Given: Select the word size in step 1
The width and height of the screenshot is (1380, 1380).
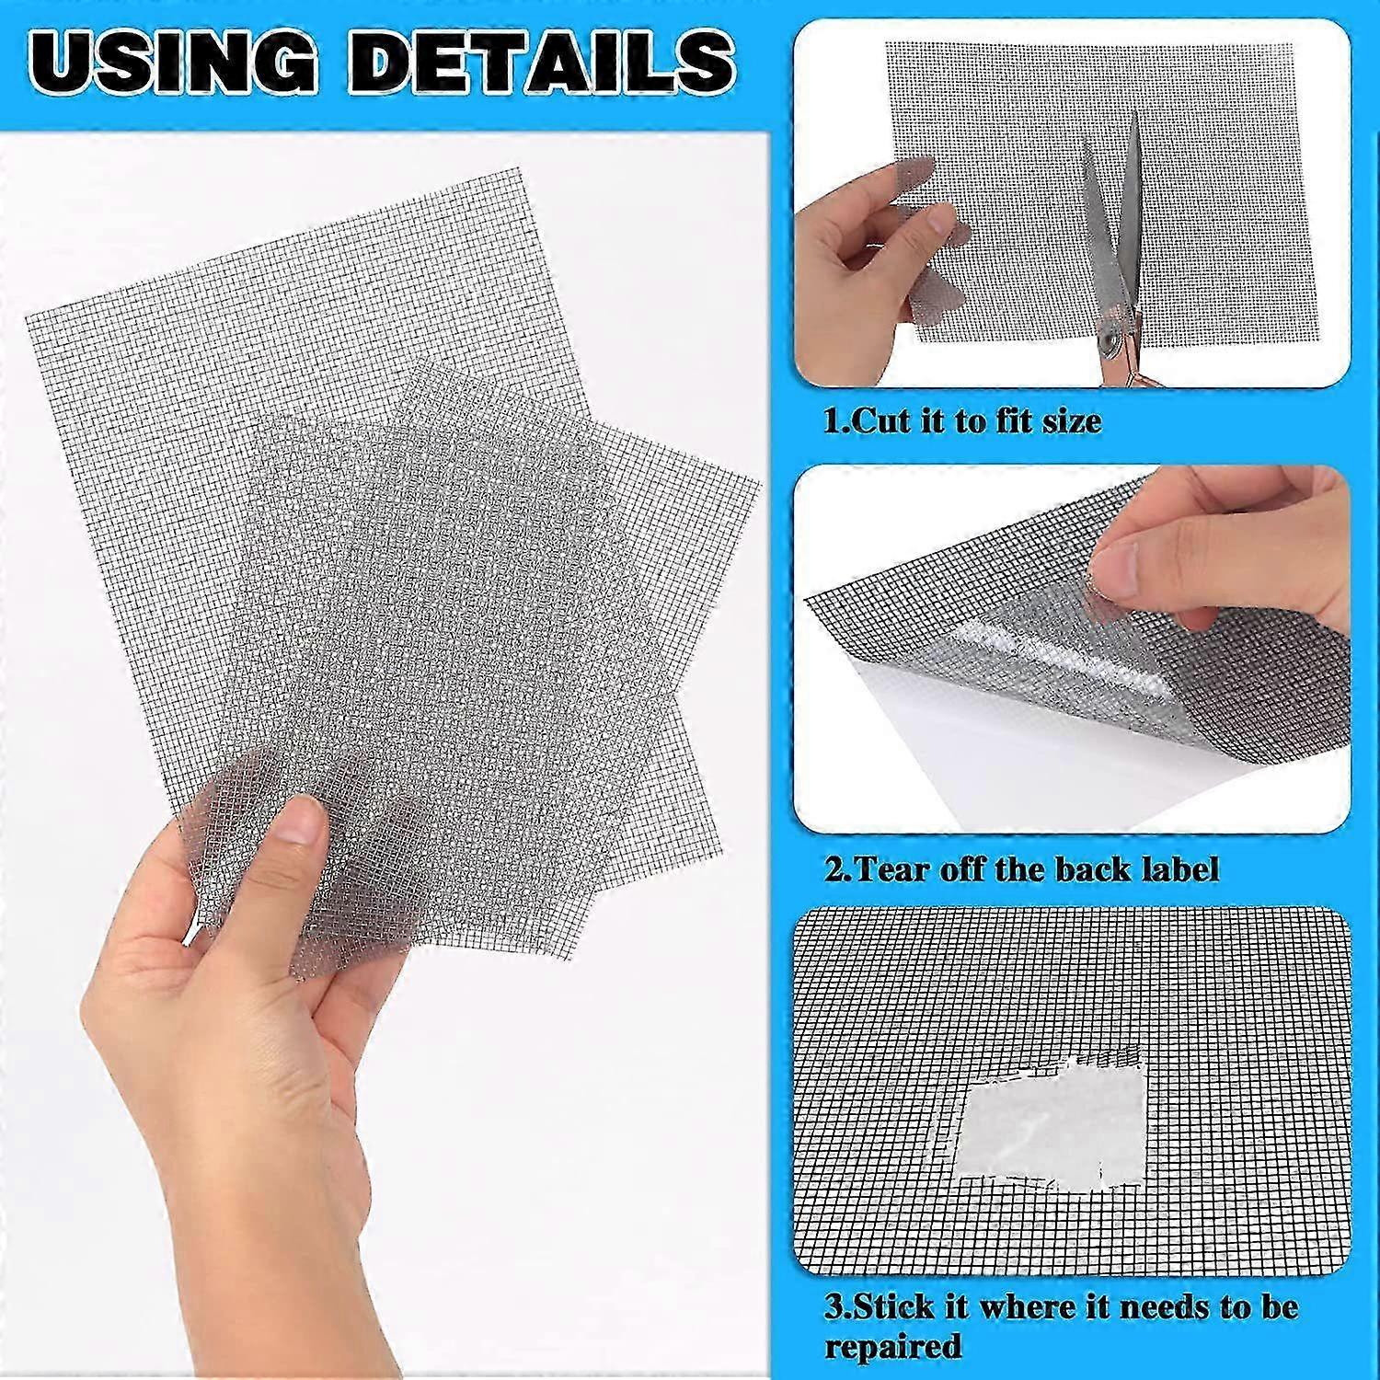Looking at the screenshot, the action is click(1067, 421).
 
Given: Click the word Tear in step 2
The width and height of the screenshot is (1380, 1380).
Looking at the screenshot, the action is click(892, 868).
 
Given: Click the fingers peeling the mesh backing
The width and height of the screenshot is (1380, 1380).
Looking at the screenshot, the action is click(1214, 552).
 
